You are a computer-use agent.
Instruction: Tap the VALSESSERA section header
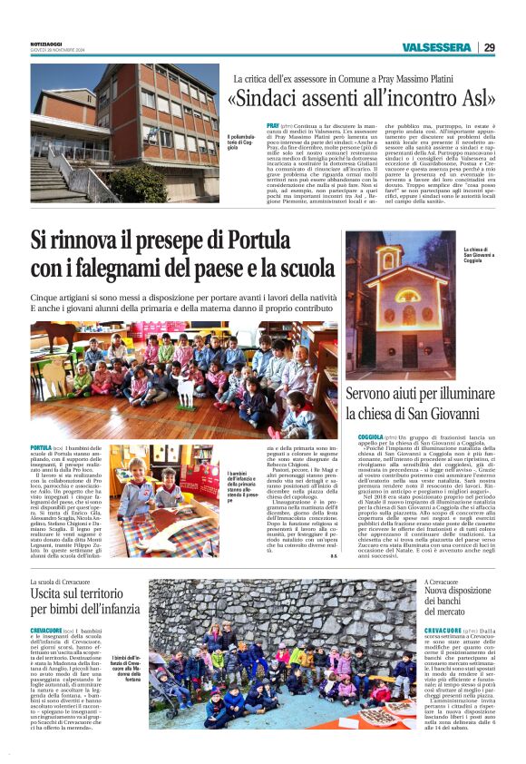436,47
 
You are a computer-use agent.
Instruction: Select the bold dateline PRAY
273,124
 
